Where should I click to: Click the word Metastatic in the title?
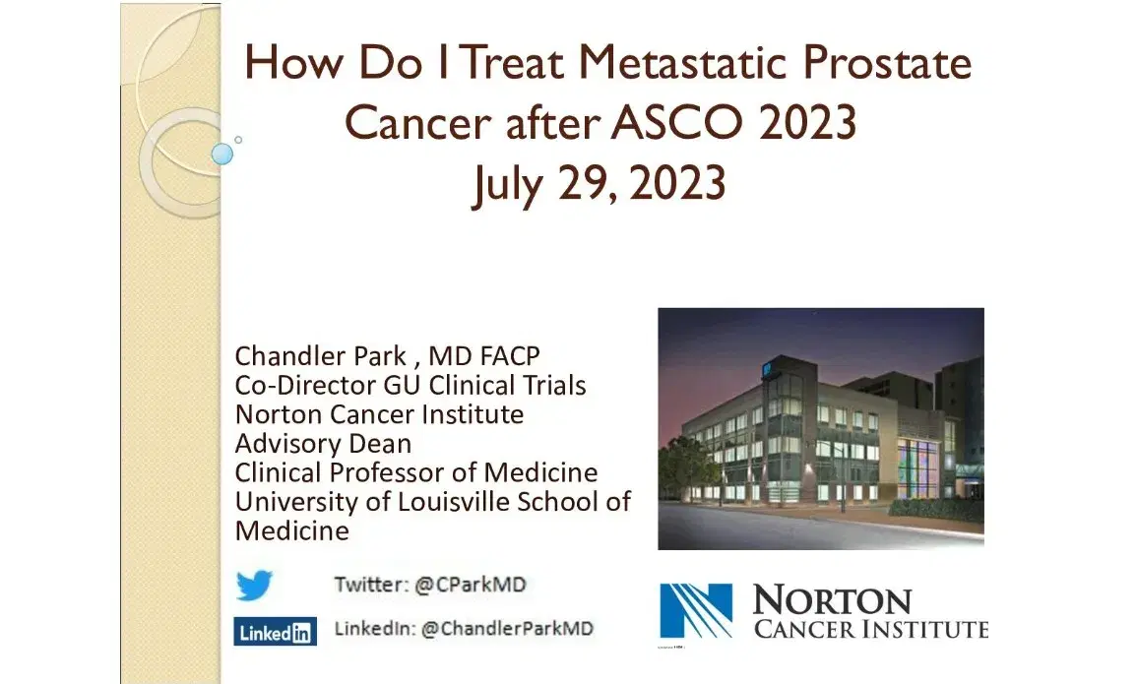tap(682, 62)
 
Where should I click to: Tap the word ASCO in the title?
tap(677, 122)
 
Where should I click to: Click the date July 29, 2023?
tap(600, 183)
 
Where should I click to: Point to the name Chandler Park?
tap(321, 355)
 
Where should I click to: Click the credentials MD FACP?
tap(484, 355)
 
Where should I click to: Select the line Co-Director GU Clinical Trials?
tap(411, 385)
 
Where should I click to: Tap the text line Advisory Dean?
tap(324, 444)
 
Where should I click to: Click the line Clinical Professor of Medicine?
tap(416, 472)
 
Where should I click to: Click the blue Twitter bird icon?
tap(254, 586)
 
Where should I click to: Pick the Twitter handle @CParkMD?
tap(470, 585)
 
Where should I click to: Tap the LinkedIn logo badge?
tap(275, 632)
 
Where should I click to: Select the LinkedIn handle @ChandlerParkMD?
tap(507, 628)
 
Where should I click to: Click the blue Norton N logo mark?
tap(695, 611)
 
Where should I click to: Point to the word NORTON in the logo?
tap(832, 601)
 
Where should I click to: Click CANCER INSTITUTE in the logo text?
tap(871, 629)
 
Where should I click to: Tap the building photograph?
tap(821, 429)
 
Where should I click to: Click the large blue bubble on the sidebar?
tap(221, 154)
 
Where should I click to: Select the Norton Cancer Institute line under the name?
tap(379, 414)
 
